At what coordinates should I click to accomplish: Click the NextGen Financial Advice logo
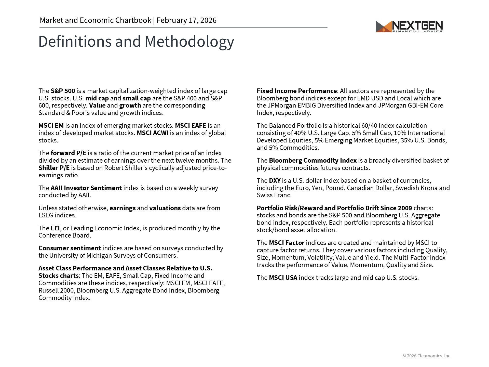pyautogui.click(x=409, y=27)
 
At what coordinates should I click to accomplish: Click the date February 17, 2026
pyautogui.click(x=186, y=20)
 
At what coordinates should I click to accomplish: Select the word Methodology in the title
pyautogui.click(x=189, y=42)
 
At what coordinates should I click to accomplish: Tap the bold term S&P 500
pyautogui.click(x=63, y=91)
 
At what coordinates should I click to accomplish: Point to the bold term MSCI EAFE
pyautogui.click(x=190, y=126)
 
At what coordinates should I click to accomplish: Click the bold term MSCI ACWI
pyautogui.click(x=153, y=133)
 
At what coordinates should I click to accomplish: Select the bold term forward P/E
pyautogui.click(x=68, y=153)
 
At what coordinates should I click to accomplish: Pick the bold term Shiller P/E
pyautogui.click(x=54, y=168)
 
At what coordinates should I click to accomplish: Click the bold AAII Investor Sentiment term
pyautogui.click(x=86, y=188)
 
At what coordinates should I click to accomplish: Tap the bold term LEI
pyautogui.click(x=55, y=228)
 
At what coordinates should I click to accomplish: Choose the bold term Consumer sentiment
pyautogui.click(x=70, y=248)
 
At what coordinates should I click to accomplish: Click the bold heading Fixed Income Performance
pyautogui.click(x=297, y=91)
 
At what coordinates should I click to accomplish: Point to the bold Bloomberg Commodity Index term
pyautogui.click(x=313, y=161)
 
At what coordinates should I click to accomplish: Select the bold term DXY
pyautogui.click(x=275, y=181)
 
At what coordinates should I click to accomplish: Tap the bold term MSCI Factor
pyautogui.click(x=287, y=243)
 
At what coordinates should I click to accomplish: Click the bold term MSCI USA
pyautogui.click(x=283, y=278)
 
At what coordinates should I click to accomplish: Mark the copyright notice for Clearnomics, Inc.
pyautogui.click(x=427, y=356)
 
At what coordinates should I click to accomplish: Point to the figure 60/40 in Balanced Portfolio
pyautogui.click(x=370, y=126)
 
